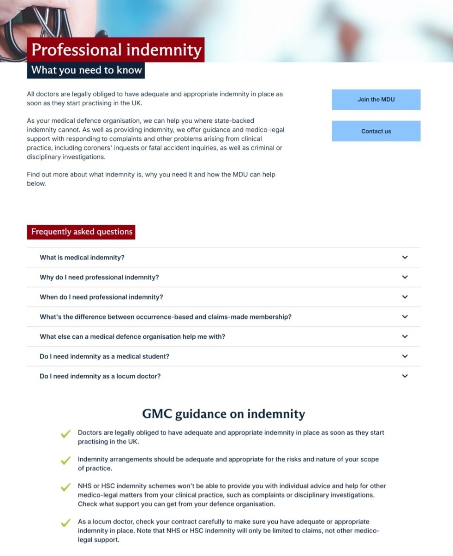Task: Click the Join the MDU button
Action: click(376, 100)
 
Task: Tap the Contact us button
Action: click(376, 131)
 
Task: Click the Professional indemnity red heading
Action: click(116, 50)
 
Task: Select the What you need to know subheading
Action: click(86, 70)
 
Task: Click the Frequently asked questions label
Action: click(82, 232)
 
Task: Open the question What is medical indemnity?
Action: click(83, 258)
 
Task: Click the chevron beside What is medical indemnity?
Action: click(405, 258)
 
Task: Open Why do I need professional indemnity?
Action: click(99, 277)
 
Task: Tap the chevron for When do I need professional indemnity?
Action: click(405, 297)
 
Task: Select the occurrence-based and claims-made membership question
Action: click(166, 317)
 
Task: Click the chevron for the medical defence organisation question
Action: click(405, 337)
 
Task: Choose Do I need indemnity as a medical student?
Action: click(104, 356)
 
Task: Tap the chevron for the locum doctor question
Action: click(405, 376)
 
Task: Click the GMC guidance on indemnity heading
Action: click(223, 413)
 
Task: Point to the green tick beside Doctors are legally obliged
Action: click(66, 434)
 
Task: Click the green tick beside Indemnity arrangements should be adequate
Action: click(66, 461)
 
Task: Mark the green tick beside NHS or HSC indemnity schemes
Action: click(66, 487)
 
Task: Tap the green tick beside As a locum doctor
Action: click(66, 523)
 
